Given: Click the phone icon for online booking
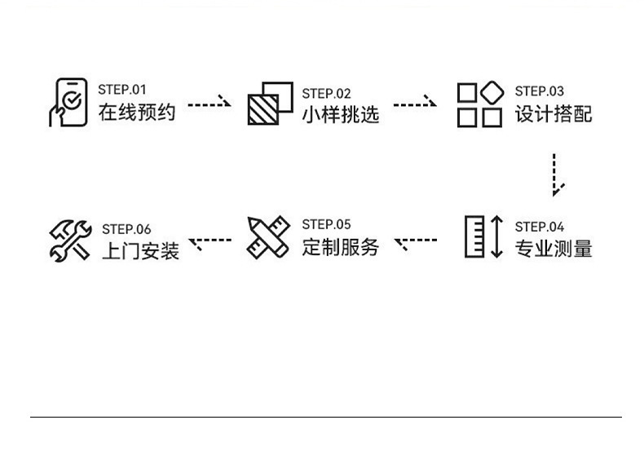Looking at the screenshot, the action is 68,102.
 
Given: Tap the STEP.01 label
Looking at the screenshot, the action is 122,90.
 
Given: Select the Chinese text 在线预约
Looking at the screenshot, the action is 137,112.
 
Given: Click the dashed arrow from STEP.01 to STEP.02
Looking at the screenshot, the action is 210,103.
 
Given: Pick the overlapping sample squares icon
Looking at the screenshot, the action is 271,103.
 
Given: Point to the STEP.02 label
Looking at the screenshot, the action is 327,94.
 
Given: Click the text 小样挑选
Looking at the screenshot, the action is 341,115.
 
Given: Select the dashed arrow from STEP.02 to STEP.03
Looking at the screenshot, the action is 415,103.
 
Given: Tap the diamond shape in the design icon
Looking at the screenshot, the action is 492,92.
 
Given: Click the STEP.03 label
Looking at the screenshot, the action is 540,91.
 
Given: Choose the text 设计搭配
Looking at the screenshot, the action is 554,114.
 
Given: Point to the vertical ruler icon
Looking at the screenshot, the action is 474,237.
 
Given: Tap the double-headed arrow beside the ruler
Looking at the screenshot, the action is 497,237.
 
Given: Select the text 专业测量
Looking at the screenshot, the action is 554,249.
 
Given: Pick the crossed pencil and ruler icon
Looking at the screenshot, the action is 269,237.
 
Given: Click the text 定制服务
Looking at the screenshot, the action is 341,247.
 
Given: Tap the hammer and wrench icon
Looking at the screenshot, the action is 70,241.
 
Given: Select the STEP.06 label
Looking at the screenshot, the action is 126,229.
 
